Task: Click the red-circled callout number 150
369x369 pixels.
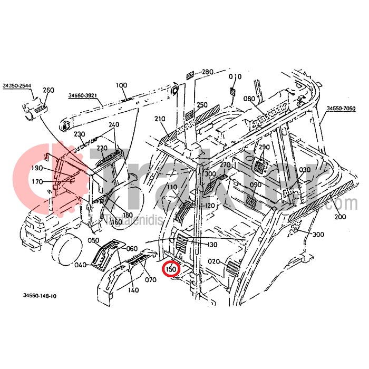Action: [x=171, y=269]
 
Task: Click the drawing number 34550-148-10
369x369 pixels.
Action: [x=40, y=296]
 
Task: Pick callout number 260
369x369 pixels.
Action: [x=48, y=90]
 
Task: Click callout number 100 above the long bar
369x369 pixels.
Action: [x=121, y=85]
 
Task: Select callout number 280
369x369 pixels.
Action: [x=208, y=72]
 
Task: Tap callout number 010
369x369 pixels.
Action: [x=235, y=76]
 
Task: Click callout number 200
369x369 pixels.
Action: [x=340, y=217]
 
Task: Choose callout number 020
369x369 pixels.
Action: [x=213, y=261]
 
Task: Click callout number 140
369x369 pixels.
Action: [x=133, y=290]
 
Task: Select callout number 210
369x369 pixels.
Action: [x=160, y=119]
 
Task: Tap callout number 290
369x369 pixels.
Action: [x=264, y=147]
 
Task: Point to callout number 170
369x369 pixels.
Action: [x=37, y=182]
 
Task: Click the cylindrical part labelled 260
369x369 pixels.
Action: [x=33, y=110]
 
